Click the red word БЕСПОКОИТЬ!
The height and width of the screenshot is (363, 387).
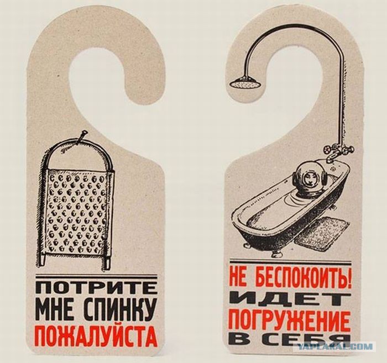[302, 278]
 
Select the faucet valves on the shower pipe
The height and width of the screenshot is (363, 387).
[338, 150]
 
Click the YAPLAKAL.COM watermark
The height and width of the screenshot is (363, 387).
[335, 346]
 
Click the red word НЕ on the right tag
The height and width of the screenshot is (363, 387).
[239, 278]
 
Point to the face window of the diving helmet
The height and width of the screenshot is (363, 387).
[308, 177]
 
